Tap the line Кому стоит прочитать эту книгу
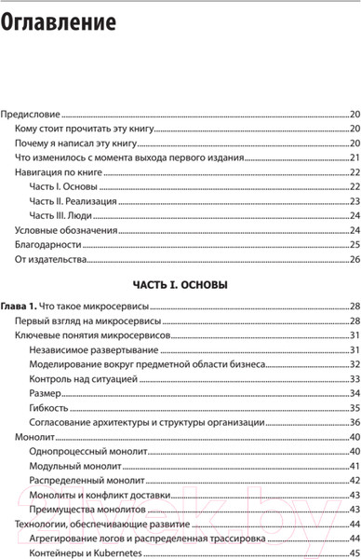(x=84, y=129)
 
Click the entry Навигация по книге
(x=59, y=173)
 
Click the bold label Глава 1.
(x=19, y=306)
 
